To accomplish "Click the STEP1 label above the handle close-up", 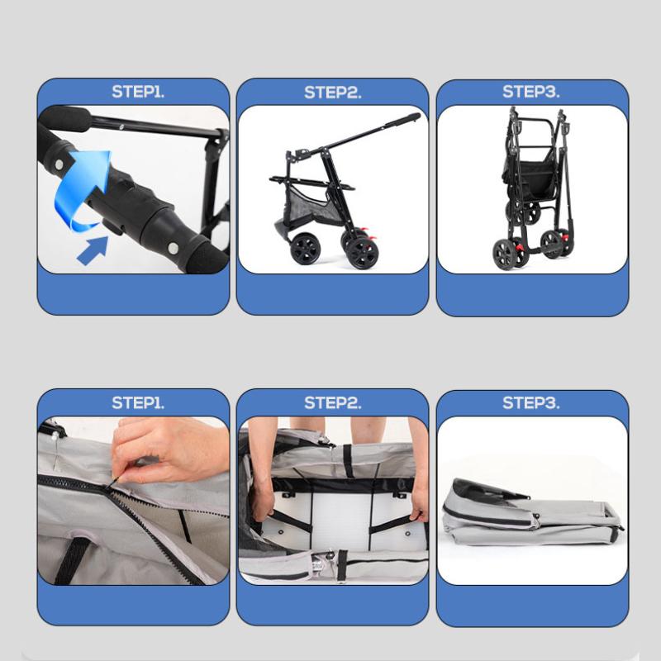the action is pyautogui.click(x=138, y=92).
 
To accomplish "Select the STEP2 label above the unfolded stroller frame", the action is pyautogui.click(x=333, y=93).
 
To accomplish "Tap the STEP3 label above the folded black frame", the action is pyautogui.click(x=530, y=92).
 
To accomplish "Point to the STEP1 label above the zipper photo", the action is pyautogui.click(x=138, y=402).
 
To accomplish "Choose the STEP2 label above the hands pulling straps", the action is pyautogui.click(x=333, y=403).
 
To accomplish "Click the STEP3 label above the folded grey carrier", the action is pyautogui.click(x=530, y=402).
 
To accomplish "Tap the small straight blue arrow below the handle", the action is pyautogui.click(x=93, y=250).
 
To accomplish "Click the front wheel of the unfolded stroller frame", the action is pyautogui.click(x=305, y=249).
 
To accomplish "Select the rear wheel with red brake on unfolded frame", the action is pyautogui.click(x=362, y=252).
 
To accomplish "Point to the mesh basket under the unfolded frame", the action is pyautogui.click(x=313, y=205).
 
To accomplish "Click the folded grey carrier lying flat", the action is pyautogui.click(x=532, y=511).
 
